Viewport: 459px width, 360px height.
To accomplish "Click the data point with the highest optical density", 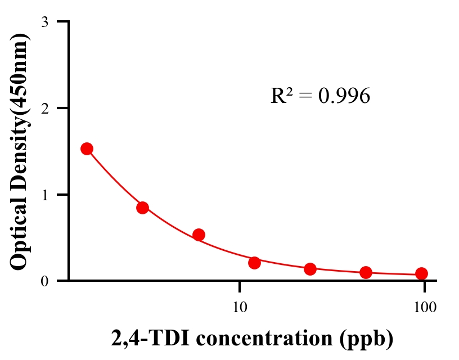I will pyautogui.click(x=87, y=148).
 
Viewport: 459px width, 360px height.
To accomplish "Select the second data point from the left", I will pyautogui.click(x=142, y=208).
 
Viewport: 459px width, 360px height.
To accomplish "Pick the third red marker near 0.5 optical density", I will pyautogui.click(x=199, y=235).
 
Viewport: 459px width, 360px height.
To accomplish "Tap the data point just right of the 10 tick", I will pyautogui.click(x=254, y=263).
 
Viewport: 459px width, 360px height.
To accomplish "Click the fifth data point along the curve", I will pyautogui.click(x=310, y=269).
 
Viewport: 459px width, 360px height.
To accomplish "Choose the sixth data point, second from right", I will pyautogui.click(x=366, y=272).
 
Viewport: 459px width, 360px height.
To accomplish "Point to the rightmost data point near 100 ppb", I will pyautogui.click(x=421, y=273).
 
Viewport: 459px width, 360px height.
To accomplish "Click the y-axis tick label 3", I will pyautogui.click(x=44, y=22).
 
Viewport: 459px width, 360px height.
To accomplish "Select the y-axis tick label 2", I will pyautogui.click(x=44, y=108).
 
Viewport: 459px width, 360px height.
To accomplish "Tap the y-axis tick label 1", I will pyautogui.click(x=44, y=195).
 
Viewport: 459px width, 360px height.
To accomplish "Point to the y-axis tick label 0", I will pyautogui.click(x=44, y=281).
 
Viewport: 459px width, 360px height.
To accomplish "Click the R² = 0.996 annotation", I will pyautogui.click(x=320, y=96).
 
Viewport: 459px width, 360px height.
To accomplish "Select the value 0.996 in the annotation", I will pyautogui.click(x=344, y=96).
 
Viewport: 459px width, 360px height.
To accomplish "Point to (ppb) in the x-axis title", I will pyautogui.click(x=369, y=339).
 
